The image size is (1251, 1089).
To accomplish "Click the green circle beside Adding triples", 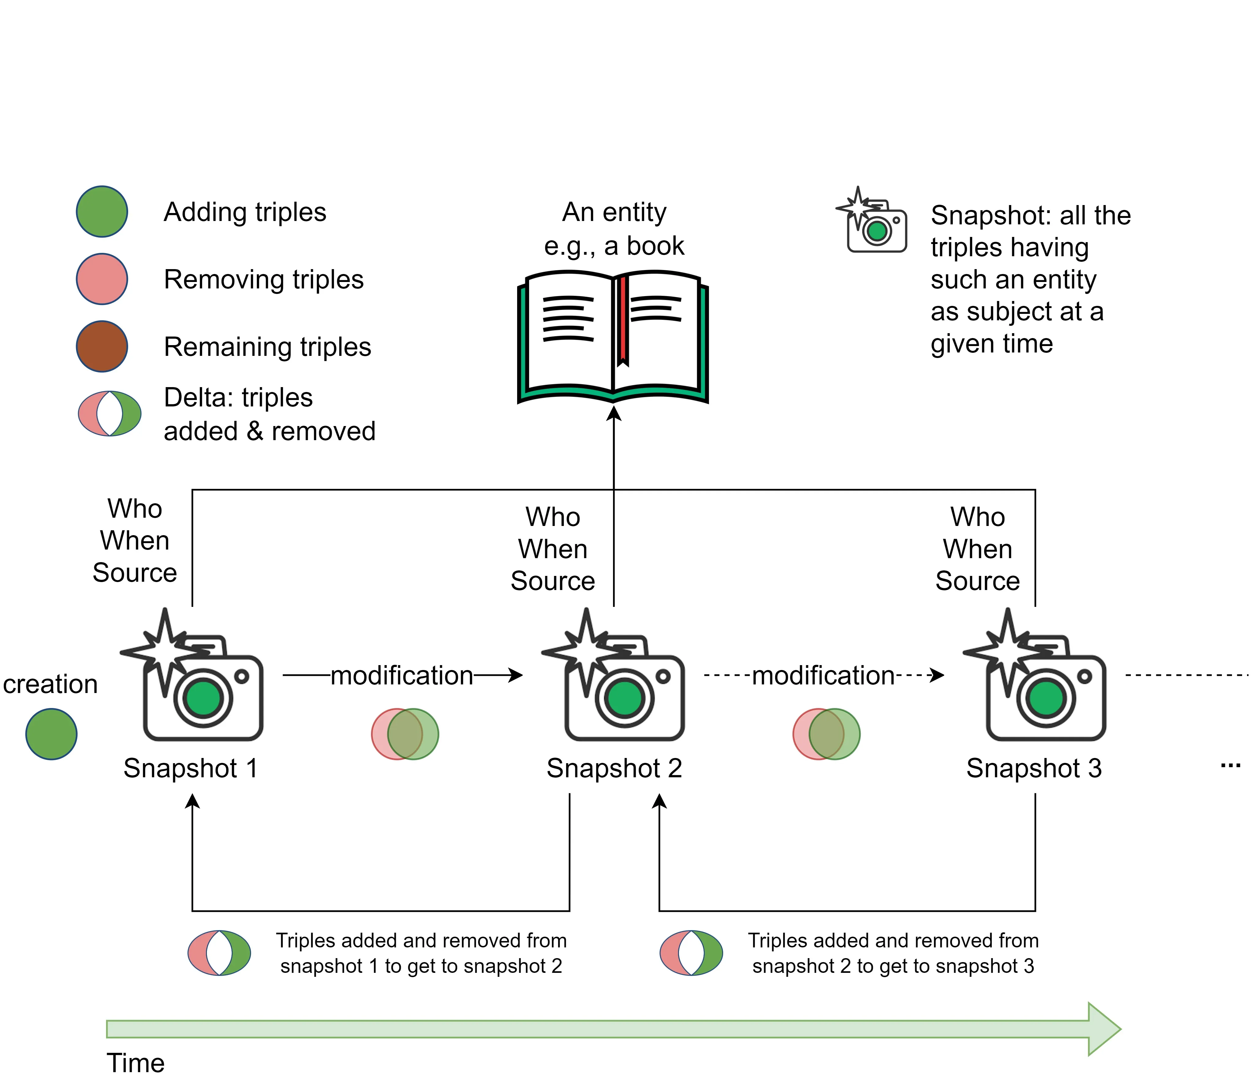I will [x=101, y=211].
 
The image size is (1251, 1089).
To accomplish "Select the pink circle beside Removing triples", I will [x=101, y=279].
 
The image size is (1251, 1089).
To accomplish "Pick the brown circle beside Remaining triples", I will [x=101, y=346].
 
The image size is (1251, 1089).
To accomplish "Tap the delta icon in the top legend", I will [x=109, y=413].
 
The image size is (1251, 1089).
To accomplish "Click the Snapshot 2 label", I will [x=614, y=768].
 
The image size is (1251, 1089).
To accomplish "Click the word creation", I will [x=51, y=684].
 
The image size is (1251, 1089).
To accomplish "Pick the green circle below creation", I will [x=51, y=734].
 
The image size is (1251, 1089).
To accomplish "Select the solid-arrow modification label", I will [x=402, y=675].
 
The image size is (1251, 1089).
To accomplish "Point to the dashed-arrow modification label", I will [x=823, y=675].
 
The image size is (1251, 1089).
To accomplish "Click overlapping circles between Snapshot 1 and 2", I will [x=405, y=734].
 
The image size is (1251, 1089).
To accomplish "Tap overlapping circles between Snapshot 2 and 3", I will [x=826, y=734].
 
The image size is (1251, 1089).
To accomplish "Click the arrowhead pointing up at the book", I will [x=614, y=413].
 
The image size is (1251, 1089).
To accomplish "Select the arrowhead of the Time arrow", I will [x=1103, y=1029].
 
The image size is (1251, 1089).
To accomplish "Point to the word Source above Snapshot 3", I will [x=977, y=581].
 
